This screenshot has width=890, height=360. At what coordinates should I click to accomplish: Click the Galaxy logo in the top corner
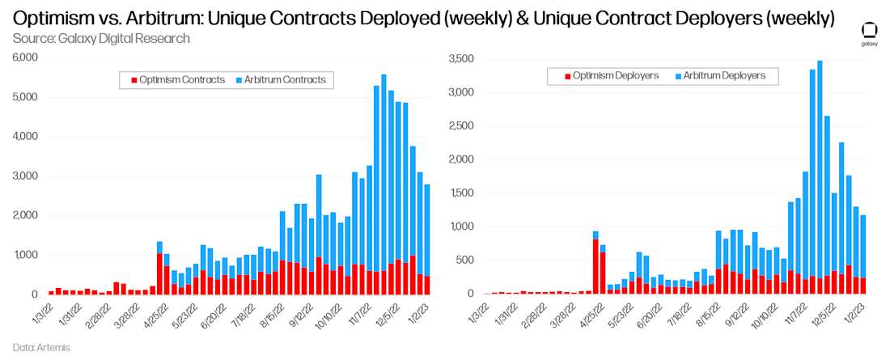869,32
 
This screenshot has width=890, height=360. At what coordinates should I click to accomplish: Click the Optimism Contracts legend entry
177,79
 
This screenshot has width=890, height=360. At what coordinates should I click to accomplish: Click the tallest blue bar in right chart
820,162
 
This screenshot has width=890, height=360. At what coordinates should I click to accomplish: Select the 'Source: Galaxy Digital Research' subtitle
101,38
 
